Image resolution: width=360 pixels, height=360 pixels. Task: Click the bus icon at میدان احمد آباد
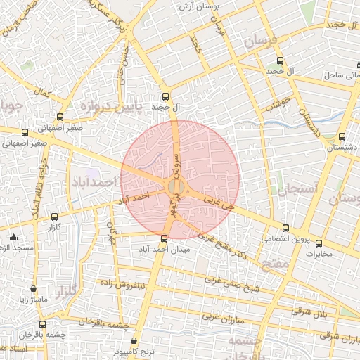pyautogui.click(x=165, y=238)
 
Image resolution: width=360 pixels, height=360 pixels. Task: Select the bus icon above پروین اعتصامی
pyautogui.click(x=285, y=228)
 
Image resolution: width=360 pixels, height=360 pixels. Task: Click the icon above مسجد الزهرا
pyautogui.click(x=13, y=237)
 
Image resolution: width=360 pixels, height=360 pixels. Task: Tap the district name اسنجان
pyautogui.click(x=299, y=189)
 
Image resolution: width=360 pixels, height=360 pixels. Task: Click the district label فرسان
pyautogui.click(x=264, y=43)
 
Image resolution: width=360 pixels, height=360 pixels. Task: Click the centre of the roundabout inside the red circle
pyautogui.click(x=176, y=186)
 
